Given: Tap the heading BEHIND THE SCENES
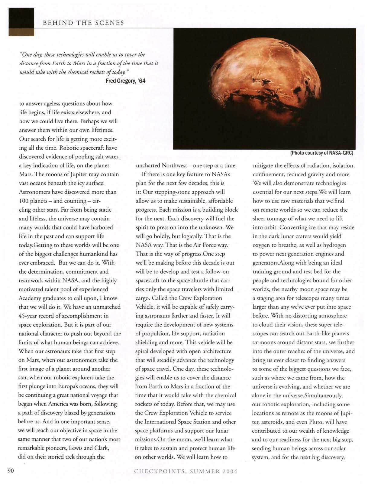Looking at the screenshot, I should (x=84, y=23).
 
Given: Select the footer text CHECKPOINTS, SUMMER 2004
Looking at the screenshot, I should (x=186, y=471).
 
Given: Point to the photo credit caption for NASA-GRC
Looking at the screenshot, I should (x=321, y=153).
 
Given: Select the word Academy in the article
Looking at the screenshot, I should (x=31, y=298).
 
